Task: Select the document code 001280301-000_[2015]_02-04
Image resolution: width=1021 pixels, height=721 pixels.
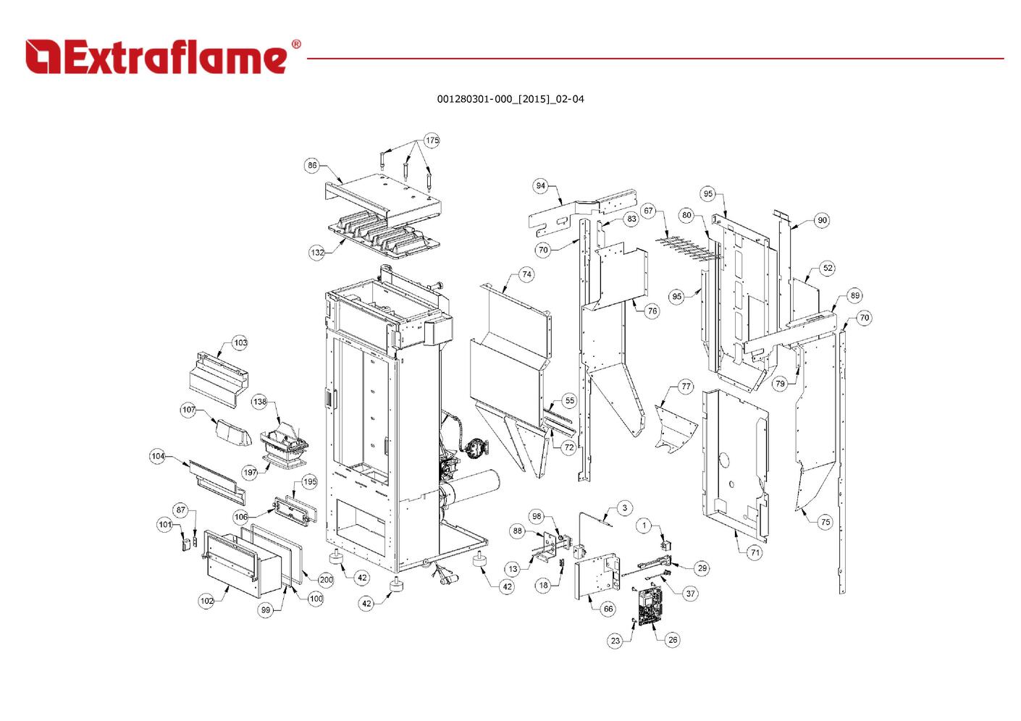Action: (510, 99)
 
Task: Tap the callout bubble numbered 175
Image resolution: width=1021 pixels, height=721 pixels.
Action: (432, 140)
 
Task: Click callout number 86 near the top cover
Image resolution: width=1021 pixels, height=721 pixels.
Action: (312, 165)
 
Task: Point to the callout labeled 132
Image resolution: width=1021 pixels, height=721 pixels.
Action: (317, 253)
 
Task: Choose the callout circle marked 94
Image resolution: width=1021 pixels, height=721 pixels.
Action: (541, 186)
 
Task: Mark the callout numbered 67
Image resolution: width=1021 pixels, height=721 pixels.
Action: (648, 211)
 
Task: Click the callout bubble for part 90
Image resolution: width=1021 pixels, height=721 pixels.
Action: (822, 220)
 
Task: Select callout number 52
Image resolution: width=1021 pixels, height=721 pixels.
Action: (828, 268)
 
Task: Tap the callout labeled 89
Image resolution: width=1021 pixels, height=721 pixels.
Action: (855, 295)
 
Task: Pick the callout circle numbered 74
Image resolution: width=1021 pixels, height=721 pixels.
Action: (526, 274)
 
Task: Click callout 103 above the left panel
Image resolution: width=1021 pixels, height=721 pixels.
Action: (240, 342)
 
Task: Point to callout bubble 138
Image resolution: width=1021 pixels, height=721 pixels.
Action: (259, 402)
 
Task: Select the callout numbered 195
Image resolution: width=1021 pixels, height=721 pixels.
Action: (309, 482)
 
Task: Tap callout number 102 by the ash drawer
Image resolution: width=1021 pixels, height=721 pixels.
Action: (207, 601)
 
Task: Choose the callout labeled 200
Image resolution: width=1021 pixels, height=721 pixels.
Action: (326, 579)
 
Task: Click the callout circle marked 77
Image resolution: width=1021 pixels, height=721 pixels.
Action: (686, 387)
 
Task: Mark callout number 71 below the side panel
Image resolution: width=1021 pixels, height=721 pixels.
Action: (755, 552)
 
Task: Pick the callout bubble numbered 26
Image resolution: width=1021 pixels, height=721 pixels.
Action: (673, 639)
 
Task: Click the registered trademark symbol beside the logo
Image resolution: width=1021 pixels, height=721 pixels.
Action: (296, 45)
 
